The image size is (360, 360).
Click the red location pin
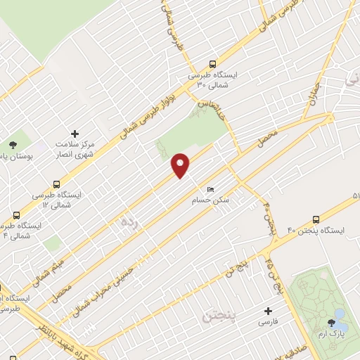(x=181, y=165)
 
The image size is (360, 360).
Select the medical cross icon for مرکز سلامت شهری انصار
(x=75, y=134)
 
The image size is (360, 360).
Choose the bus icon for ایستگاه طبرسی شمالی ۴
(x=16, y=215)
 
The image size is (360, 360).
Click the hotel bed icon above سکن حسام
(x=209, y=189)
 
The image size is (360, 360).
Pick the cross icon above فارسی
(x=266, y=310)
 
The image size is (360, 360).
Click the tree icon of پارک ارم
(x=332, y=323)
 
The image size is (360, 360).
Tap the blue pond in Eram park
(x=340, y=314)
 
